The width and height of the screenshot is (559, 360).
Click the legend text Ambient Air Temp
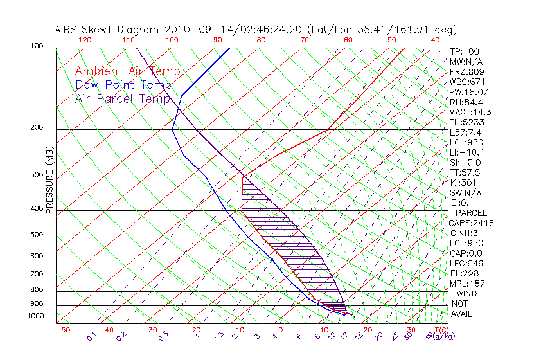[127, 72]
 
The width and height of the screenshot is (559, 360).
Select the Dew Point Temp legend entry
[123, 85]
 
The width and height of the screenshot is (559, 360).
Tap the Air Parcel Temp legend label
[123, 98]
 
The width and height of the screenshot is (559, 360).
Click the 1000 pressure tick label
[36, 316]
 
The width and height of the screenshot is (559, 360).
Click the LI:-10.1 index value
[467, 152]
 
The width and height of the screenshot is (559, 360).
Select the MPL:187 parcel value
[466, 283]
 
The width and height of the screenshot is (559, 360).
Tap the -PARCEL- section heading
[471, 213]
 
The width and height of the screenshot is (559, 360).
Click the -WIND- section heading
[466, 294]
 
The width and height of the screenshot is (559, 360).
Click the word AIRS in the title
[67, 30]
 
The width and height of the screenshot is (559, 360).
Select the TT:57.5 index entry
[465, 172]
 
